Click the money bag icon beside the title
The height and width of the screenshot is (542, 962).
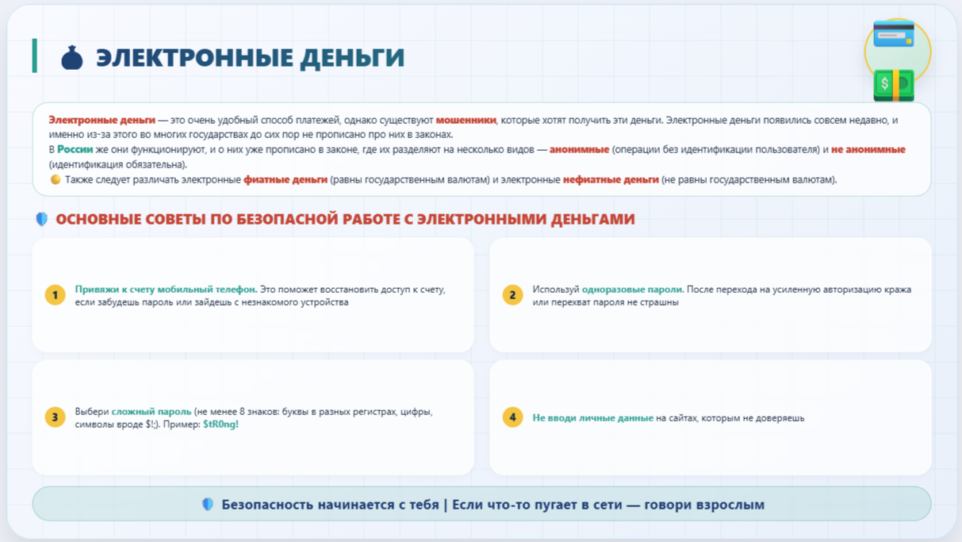72,58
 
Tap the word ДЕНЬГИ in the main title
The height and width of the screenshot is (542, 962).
352,58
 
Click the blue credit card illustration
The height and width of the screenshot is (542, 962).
894,33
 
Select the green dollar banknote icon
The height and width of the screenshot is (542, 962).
894,86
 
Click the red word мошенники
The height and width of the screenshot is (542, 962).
466,120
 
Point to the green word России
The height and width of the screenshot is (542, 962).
75,149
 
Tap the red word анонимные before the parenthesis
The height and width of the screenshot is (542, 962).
580,149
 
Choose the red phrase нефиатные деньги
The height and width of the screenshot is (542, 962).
611,179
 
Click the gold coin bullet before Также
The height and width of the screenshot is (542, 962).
56,179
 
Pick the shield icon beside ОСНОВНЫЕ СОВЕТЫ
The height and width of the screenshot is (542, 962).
42,219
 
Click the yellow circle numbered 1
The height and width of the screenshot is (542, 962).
55,295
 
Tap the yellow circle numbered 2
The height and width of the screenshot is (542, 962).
513,295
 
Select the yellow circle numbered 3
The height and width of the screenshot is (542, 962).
55,417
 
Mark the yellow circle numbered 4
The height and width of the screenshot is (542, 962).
513,417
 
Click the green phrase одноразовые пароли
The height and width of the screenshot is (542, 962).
632,290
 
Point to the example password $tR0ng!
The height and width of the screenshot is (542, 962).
220,425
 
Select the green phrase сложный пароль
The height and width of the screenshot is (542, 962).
151,411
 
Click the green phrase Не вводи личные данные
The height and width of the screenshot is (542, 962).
592,417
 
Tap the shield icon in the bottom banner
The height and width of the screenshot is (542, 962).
208,504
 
